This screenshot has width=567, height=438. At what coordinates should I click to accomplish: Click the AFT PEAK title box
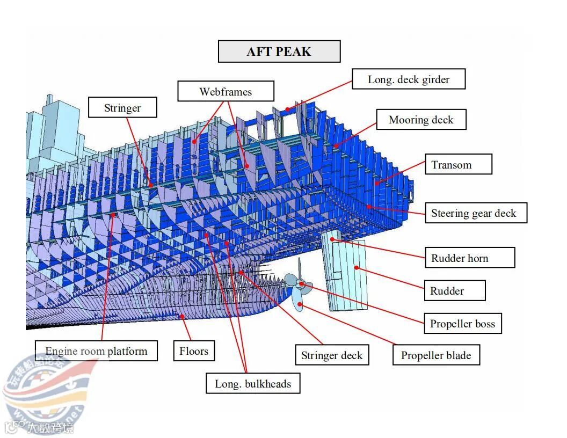[279, 52]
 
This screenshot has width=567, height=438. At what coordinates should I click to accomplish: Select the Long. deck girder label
[409, 79]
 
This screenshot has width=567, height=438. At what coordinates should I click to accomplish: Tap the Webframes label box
[226, 91]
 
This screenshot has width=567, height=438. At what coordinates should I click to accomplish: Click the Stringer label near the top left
[122, 108]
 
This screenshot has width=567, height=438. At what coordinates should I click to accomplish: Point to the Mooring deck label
[421, 120]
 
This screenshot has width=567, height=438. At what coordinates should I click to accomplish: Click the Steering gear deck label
[474, 213]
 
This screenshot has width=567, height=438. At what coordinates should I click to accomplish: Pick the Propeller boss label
[462, 324]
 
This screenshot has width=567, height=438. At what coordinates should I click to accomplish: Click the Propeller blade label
[435, 355]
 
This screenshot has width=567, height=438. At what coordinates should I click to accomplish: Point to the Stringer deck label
[332, 355]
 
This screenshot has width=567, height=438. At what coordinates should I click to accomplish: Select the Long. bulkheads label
[253, 384]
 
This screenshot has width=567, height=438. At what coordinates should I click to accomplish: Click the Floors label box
[194, 351]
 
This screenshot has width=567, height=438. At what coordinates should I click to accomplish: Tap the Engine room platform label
[97, 351]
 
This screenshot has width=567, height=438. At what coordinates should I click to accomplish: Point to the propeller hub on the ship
[302, 283]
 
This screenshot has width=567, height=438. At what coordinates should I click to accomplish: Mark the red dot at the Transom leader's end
[376, 184]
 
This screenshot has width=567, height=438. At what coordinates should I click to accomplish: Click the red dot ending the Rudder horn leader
[332, 239]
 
